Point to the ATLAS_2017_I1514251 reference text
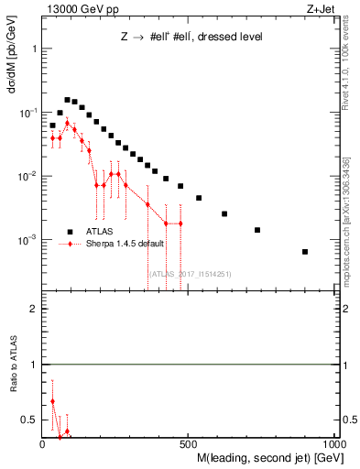[x=190, y=273]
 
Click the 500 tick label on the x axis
[x=189, y=446]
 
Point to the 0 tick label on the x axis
[x=42, y=446]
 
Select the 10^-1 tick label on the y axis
[x=28, y=112]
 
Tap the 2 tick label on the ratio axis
[x=33, y=310]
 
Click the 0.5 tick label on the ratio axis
[x=29, y=420]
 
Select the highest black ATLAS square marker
[x=67, y=100]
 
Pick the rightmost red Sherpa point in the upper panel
[x=180, y=224]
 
